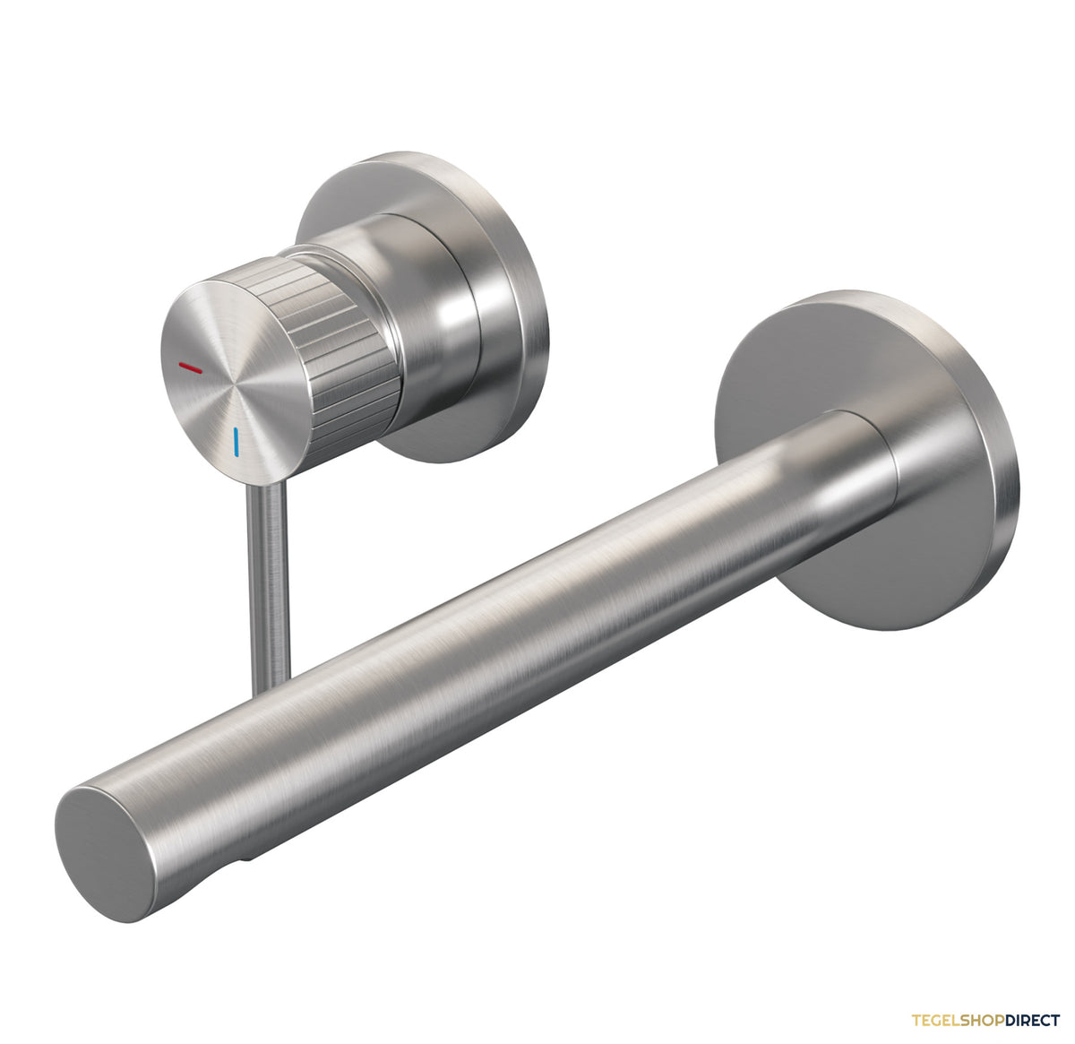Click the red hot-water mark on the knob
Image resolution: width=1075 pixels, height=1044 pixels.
coord(191,367)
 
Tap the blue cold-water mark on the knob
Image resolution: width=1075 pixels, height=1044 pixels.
coord(236,442)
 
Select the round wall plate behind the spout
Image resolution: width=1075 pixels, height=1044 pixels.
coord(867,460)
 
